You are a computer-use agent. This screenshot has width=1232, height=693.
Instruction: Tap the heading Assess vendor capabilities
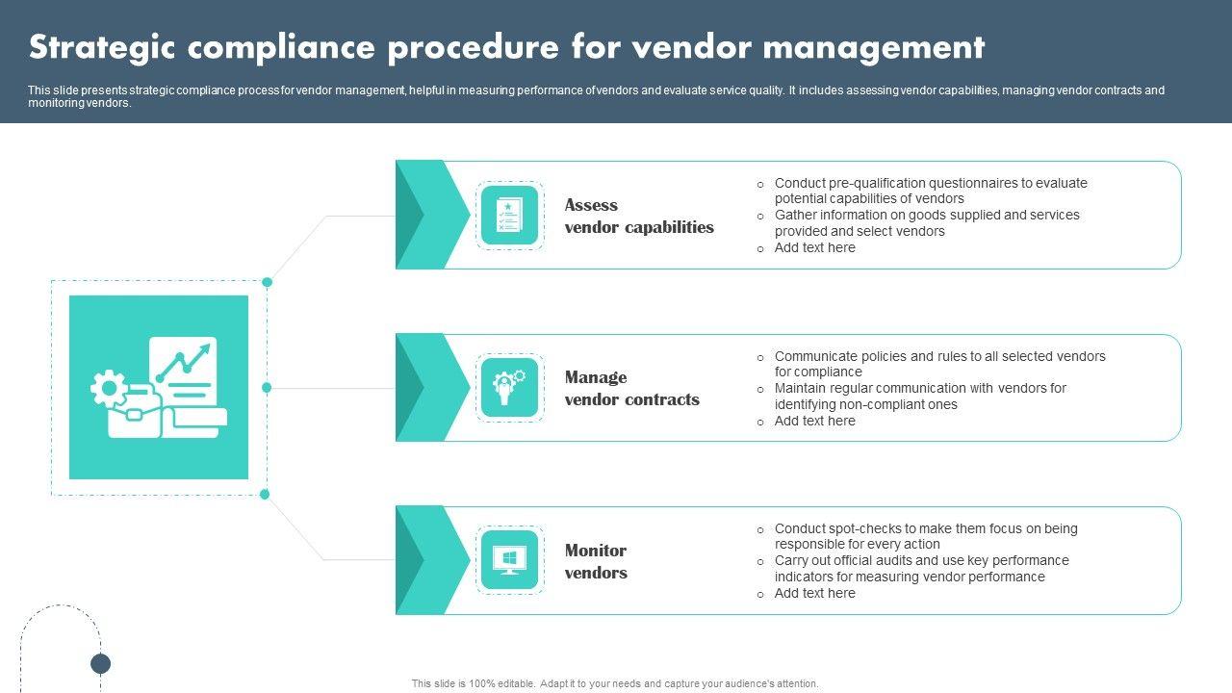pos(639,216)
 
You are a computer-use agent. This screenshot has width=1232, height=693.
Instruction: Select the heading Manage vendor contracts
pos(631,388)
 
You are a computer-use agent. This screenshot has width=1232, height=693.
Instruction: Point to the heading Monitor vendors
pos(596,561)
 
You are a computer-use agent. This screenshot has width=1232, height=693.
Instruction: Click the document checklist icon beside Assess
pos(509,216)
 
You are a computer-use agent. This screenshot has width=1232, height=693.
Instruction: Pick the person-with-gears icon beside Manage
pos(509,388)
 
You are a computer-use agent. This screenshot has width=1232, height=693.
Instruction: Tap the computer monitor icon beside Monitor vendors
pos(509,560)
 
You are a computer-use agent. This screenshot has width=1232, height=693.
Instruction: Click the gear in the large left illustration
pos(109,389)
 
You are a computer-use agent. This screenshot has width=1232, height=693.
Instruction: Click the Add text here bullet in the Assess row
pos(814,247)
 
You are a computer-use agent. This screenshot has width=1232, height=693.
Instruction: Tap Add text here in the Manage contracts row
pos(814,421)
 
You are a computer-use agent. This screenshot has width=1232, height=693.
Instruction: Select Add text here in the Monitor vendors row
pos(814,593)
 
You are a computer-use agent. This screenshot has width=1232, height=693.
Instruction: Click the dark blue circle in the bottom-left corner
pos(101,663)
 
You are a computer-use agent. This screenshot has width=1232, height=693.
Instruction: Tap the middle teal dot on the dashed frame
pos(267,387)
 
